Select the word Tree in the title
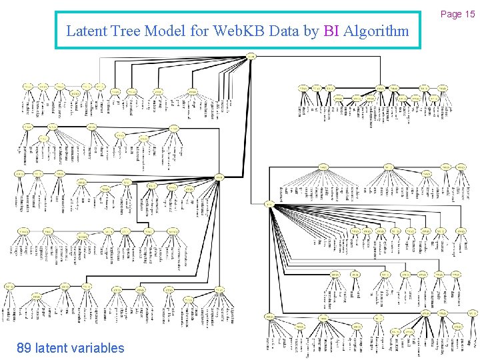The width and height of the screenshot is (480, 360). coord(120,31)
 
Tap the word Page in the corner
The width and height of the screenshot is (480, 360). coord(451,14)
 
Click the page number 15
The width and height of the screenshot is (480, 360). coord(469,14)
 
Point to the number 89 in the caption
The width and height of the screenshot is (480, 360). coord(24,348)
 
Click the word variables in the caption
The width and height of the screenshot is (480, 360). coord(99,348)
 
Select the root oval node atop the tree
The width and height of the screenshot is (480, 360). coord(251,56)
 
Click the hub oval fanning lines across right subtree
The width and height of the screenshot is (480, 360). coord(268,203)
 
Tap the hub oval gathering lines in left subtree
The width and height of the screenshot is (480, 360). coord(219,177)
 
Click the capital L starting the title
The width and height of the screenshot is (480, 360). coord(71,31)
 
